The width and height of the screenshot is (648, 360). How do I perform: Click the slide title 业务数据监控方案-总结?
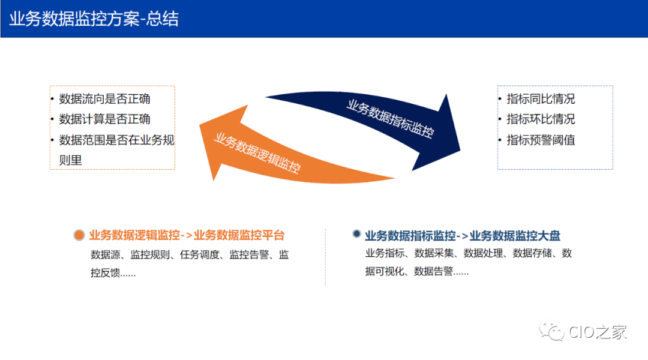coord(94,19)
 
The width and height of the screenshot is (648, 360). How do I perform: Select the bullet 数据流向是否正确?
coord(104,99)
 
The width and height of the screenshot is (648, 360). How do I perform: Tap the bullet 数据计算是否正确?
coord(104,119)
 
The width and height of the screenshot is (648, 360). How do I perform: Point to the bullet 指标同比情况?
coord(540,99)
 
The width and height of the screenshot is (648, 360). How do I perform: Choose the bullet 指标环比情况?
coord(540,119)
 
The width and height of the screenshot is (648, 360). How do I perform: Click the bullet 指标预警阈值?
coord(540,140)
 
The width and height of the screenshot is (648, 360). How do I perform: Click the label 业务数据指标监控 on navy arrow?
coord(389,119)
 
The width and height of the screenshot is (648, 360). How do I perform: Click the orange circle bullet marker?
coord(79,236)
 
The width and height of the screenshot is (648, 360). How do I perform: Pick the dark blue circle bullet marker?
coord(357,235)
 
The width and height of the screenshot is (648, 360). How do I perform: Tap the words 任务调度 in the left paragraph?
coord(206,254)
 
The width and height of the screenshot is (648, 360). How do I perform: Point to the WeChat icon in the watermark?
coord(551,331)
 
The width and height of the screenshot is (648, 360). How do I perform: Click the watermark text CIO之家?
coord(597,331)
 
